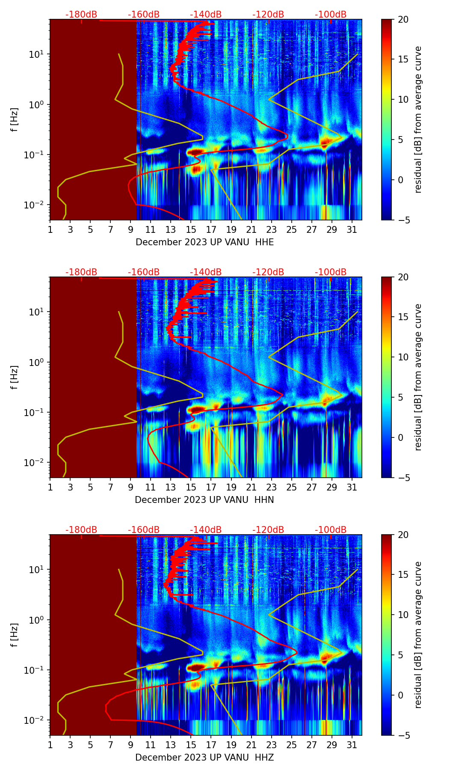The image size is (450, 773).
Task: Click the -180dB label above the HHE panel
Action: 81,15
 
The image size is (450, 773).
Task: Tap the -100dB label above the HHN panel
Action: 331,272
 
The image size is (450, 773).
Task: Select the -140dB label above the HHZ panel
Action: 206,530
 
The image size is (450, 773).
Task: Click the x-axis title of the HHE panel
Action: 204,242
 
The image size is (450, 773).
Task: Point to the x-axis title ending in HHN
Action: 204,500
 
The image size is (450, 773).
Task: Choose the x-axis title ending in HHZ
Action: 204,758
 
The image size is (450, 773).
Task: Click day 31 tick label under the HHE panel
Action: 352,229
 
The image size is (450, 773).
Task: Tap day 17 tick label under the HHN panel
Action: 211,487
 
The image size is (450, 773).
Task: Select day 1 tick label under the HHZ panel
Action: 50,745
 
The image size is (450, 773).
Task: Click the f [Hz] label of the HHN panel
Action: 15,377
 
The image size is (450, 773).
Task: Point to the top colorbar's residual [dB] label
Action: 418,119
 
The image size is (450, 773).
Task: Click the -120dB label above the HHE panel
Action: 268,15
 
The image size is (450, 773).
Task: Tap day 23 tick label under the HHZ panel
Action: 271,745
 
